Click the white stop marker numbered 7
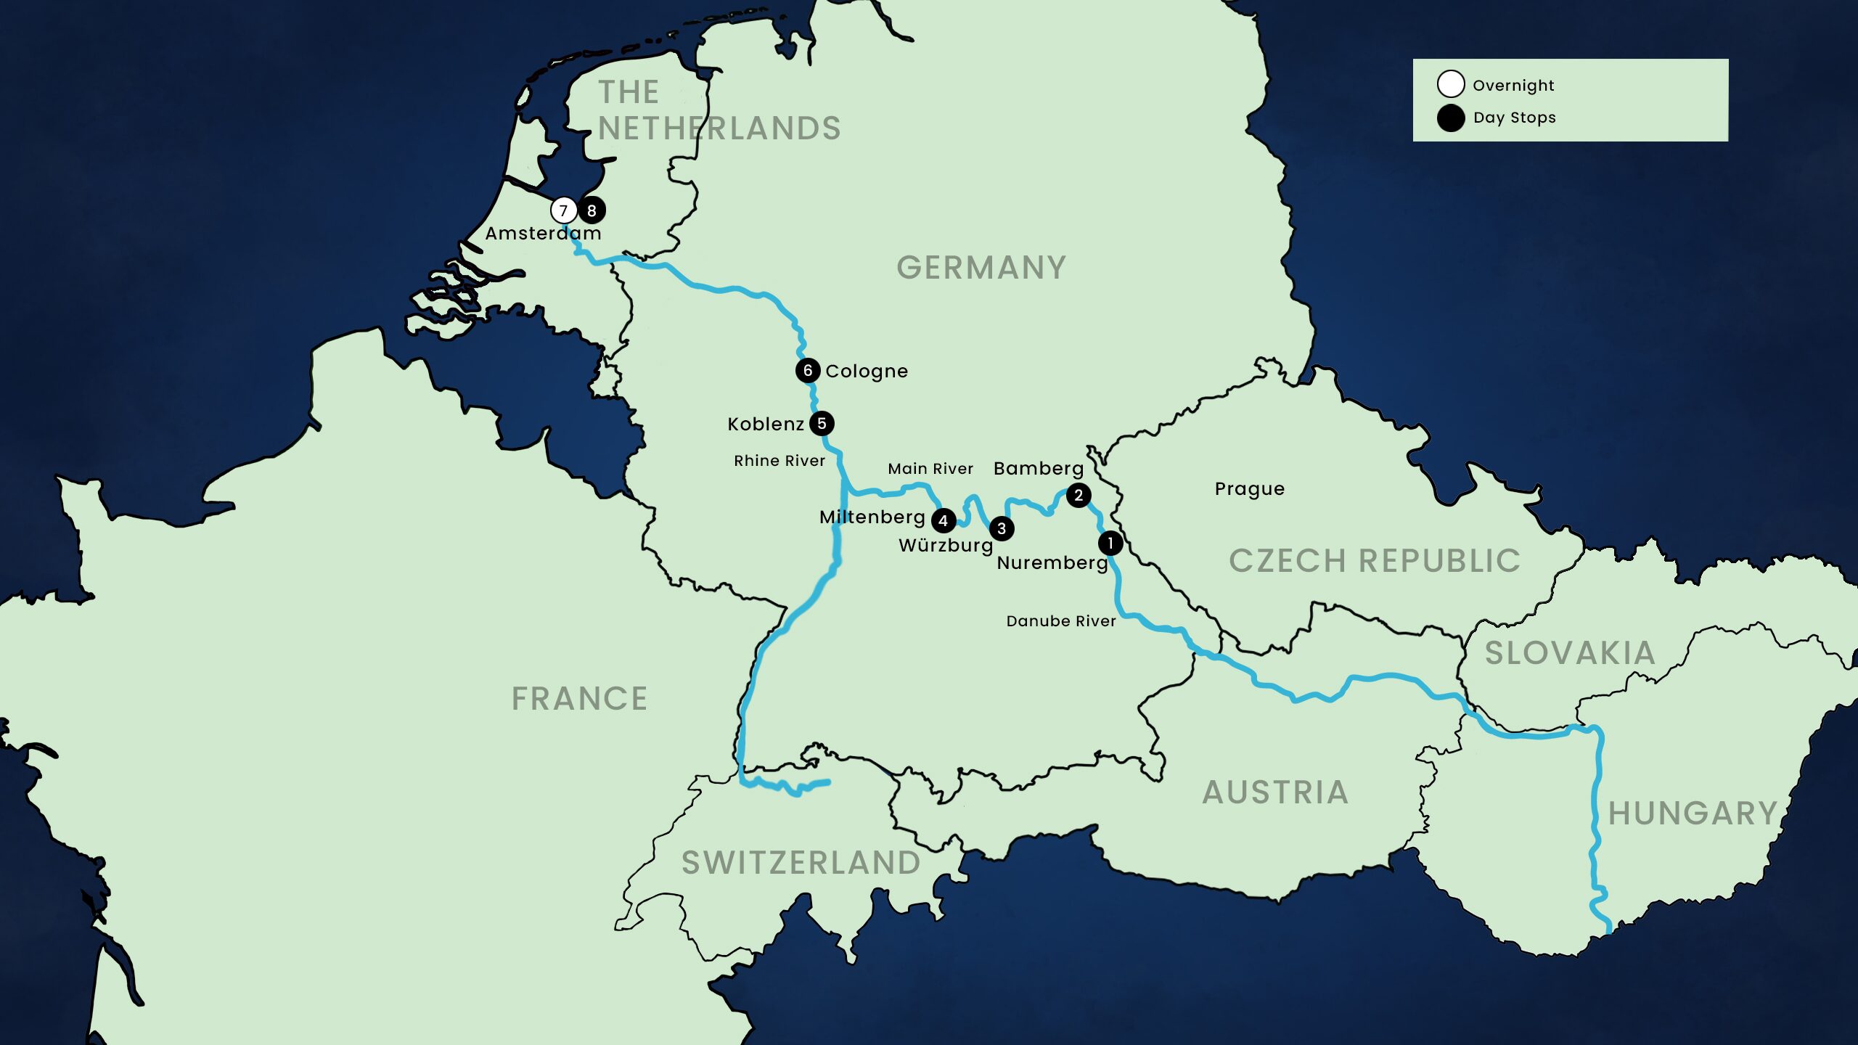click(x=563, y=210)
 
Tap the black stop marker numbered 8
click(x=592, y=210)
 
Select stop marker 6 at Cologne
click(x=807, y=370)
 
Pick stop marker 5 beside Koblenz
click(x=822, y=423)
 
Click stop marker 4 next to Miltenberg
click(x=943, y=520)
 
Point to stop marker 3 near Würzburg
click(x=1002, y=528)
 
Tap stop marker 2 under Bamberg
click(x=1079, y=495)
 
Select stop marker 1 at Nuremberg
click(x=1110, y=542)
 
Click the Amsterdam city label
click(x=543, y=234)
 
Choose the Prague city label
click(x=1249, y=489)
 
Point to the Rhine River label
click(x=779, y=461)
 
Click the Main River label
click(x=930, y=469)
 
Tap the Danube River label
click(x=1060, y=621)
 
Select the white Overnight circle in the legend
click(x=1450, y=84)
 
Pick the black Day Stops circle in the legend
click(x=1450, y=118)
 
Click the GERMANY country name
click(x=981, y=268)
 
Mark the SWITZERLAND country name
click(x=801, y=863)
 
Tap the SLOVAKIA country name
click(x=1569, y=653)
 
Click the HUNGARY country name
click(x=1693, y=814)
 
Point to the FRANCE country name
click(x=579, y=699)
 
